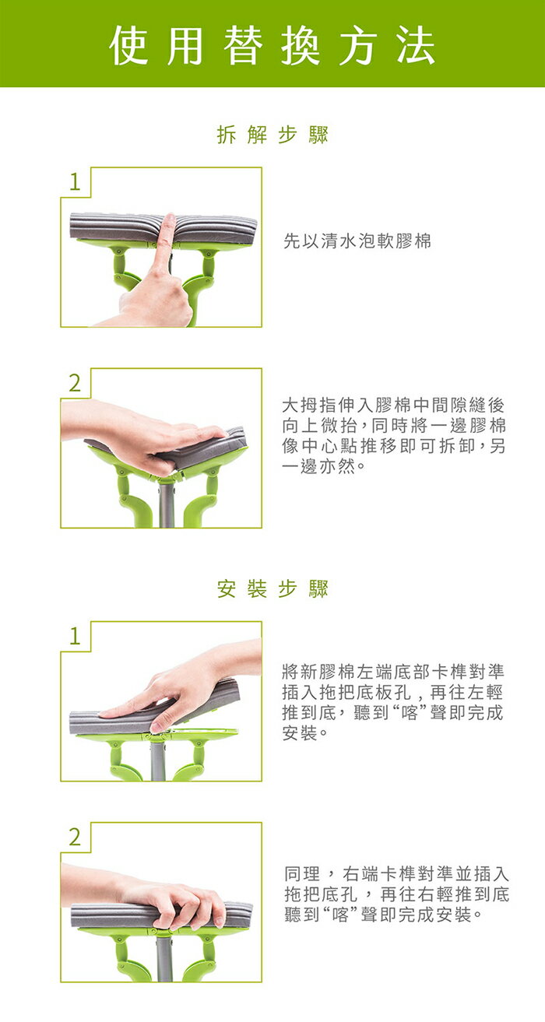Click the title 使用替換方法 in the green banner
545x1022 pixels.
(272, 45)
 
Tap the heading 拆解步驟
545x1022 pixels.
(272, 135)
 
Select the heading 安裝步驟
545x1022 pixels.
(272, 588)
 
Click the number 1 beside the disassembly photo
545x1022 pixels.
(75, 182)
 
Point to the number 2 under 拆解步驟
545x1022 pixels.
(75, 383)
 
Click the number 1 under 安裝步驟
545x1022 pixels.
(75, 636)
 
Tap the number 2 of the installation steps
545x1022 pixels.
(75, 838)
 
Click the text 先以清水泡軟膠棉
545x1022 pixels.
(357, 241)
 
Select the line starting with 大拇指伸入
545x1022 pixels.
(393, 405)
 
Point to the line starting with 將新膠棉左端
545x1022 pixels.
(393, 672)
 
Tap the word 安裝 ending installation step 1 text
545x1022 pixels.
(300, 733)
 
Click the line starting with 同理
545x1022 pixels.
(396, 873)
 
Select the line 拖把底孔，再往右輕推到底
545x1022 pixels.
(396, 894)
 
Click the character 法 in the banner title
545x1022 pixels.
(416, 45)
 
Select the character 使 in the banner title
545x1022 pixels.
(129, 45)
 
